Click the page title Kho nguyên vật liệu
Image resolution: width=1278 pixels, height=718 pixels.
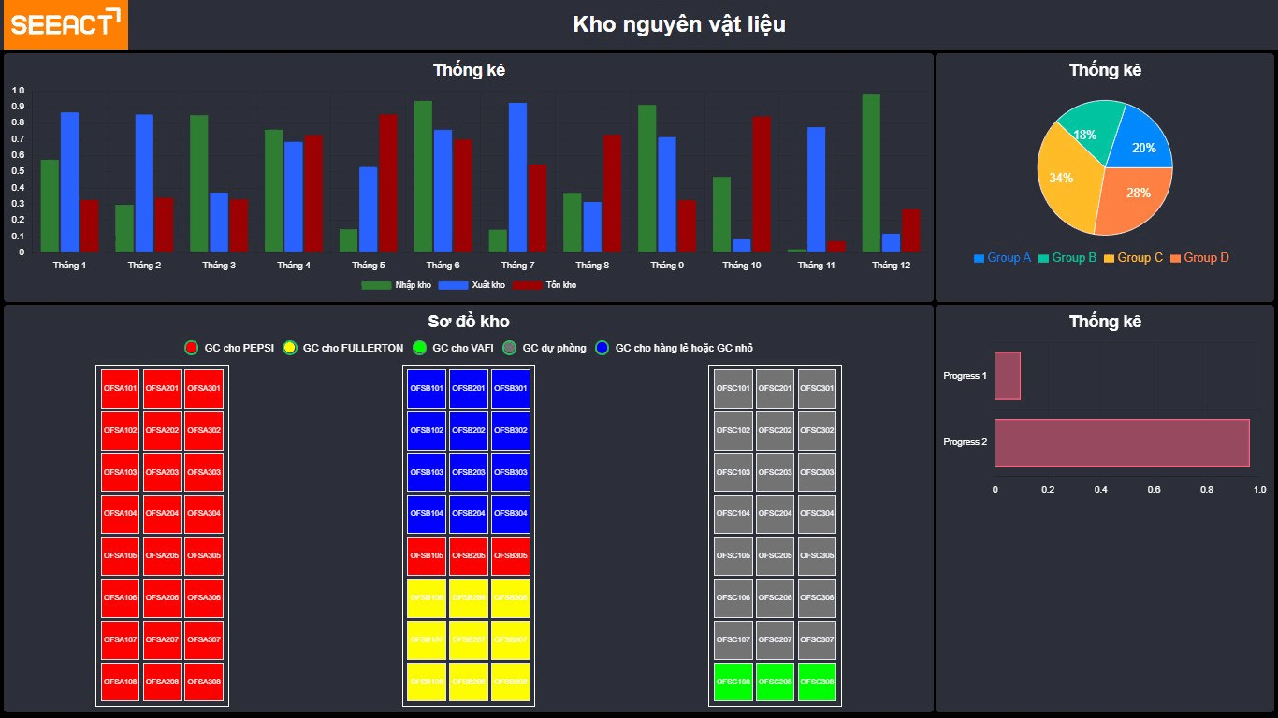coord(679,25)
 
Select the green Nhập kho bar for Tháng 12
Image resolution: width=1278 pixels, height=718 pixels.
coord(871,173)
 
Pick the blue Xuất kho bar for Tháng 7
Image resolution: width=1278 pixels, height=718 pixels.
coord(517,177)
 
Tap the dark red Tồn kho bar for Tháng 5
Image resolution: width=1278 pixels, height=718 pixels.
coord(388,182)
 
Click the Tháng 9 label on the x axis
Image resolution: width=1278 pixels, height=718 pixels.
coord(666,266)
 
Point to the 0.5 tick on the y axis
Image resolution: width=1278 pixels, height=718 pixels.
coord(19,171)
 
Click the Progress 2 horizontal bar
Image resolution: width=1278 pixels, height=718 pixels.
coord(1122,442)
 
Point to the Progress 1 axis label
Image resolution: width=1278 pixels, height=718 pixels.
coord(965,376)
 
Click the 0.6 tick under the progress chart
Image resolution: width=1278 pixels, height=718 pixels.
coord(1154,489)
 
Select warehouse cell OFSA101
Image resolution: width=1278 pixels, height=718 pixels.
coord(121,388)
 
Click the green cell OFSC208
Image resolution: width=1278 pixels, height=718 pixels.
coord(775,682)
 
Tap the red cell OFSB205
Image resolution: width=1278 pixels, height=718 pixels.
coord(468,556)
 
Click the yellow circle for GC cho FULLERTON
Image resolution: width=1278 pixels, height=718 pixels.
coord(290,348)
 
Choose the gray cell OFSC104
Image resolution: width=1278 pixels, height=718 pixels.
coord(733,514)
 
